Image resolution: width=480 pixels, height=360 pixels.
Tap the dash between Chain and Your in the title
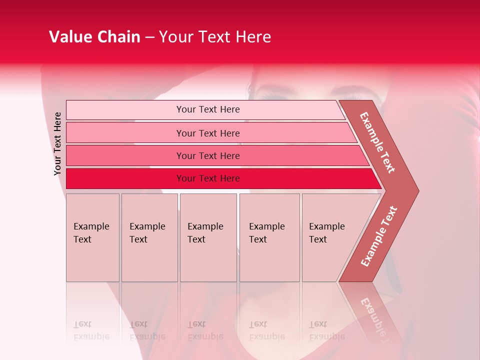(149, 37)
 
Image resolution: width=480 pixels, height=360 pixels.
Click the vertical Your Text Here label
(57, 143)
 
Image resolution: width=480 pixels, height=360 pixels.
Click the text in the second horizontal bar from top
(208, 133)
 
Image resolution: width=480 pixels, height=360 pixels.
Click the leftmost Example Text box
(92, 237)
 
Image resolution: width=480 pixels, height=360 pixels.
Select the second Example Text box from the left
(149, 237)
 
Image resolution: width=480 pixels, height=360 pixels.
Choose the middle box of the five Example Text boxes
(208, 237)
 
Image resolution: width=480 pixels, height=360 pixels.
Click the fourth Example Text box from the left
(269, 237)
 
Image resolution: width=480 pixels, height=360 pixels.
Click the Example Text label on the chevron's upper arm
(377, 142)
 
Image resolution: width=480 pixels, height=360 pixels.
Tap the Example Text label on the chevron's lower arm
(379, 236)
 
